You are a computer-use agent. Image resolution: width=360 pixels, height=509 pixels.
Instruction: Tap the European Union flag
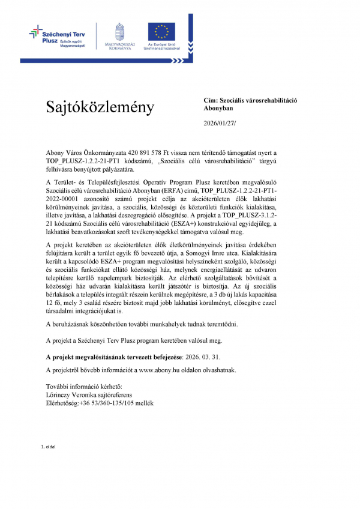[x=161, y=31]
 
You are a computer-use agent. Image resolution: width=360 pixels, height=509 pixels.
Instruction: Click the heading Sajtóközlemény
[x=100, y=107]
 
